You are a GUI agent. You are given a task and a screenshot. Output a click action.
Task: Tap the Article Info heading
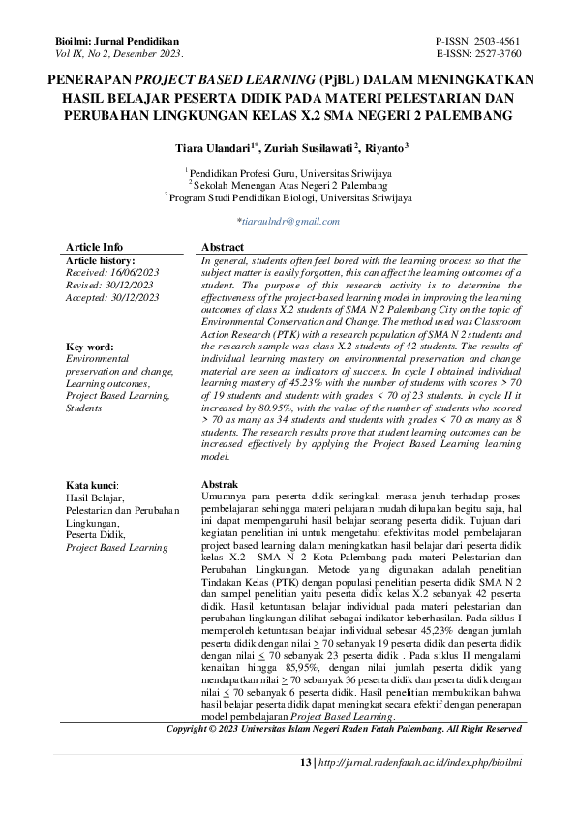pos(94,247)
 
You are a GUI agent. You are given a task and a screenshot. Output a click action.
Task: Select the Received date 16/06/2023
pos(111,274)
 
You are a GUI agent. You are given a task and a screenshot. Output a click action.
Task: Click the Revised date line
pos(108,287)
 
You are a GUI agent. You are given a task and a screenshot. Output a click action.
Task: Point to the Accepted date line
pos(111,299)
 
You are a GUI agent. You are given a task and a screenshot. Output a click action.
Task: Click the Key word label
pos(90,346)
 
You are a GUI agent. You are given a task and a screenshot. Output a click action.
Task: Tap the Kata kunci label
pos(92,483)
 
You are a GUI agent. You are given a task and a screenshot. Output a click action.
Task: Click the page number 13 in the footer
pos(305,763)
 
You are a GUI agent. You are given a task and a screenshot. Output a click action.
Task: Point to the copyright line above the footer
pos(344,727)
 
